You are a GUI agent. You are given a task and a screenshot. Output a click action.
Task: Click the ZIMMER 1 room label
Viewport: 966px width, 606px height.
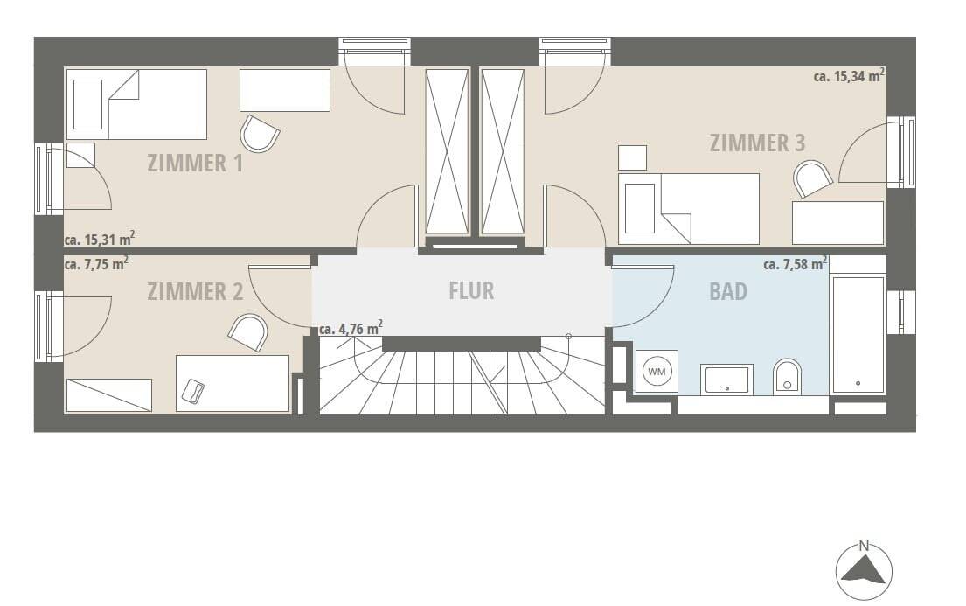[195, 163]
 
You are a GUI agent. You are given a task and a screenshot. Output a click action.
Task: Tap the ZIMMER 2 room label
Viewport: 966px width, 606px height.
[195, 291]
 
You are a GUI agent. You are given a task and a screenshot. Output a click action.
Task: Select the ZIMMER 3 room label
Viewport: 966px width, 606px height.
[757, 143]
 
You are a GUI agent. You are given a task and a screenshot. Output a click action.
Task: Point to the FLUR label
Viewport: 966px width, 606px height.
[471, 290]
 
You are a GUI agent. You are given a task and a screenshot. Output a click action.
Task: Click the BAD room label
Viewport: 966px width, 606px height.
[728, 291]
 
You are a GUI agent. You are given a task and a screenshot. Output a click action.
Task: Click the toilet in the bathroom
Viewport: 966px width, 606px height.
[787, 376]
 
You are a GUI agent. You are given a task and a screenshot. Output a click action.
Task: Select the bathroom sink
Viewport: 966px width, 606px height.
[727, 379]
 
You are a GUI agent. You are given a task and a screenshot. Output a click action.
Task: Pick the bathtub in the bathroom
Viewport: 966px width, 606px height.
[858, 334]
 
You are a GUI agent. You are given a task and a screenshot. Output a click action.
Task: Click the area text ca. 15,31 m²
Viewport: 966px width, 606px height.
[99, 239]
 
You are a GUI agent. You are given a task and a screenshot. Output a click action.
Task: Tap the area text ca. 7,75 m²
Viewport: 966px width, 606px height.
[96, 262]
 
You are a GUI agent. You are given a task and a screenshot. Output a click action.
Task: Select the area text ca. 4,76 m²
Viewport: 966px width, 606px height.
[350, 329]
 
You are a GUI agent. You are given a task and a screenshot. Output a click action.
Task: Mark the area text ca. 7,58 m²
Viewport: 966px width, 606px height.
[795, 263]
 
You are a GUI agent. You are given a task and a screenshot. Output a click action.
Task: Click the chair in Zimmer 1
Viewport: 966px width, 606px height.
[260, 134]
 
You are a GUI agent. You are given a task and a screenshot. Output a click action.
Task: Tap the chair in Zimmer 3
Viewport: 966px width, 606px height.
[813, 178]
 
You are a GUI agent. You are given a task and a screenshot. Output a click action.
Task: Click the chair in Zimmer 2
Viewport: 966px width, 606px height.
[247, 332]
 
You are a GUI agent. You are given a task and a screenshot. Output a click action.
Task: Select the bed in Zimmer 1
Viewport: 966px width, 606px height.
[136, 104]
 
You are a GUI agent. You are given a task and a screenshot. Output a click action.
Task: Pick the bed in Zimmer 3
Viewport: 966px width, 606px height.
[689, 208]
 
